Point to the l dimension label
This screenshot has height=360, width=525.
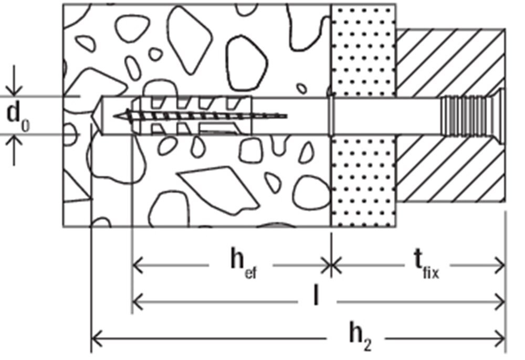[x=316, y=295]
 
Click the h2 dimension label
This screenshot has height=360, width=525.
[x=361, y=336]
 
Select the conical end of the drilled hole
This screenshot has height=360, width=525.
[x=97, y=116]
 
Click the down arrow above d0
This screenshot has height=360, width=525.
[x=14, y=80]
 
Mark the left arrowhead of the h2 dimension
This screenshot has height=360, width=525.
[x=97, y=338]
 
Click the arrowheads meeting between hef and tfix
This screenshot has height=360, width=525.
[x=331, y=266]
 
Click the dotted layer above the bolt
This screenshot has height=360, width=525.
[x=363, y=51]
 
